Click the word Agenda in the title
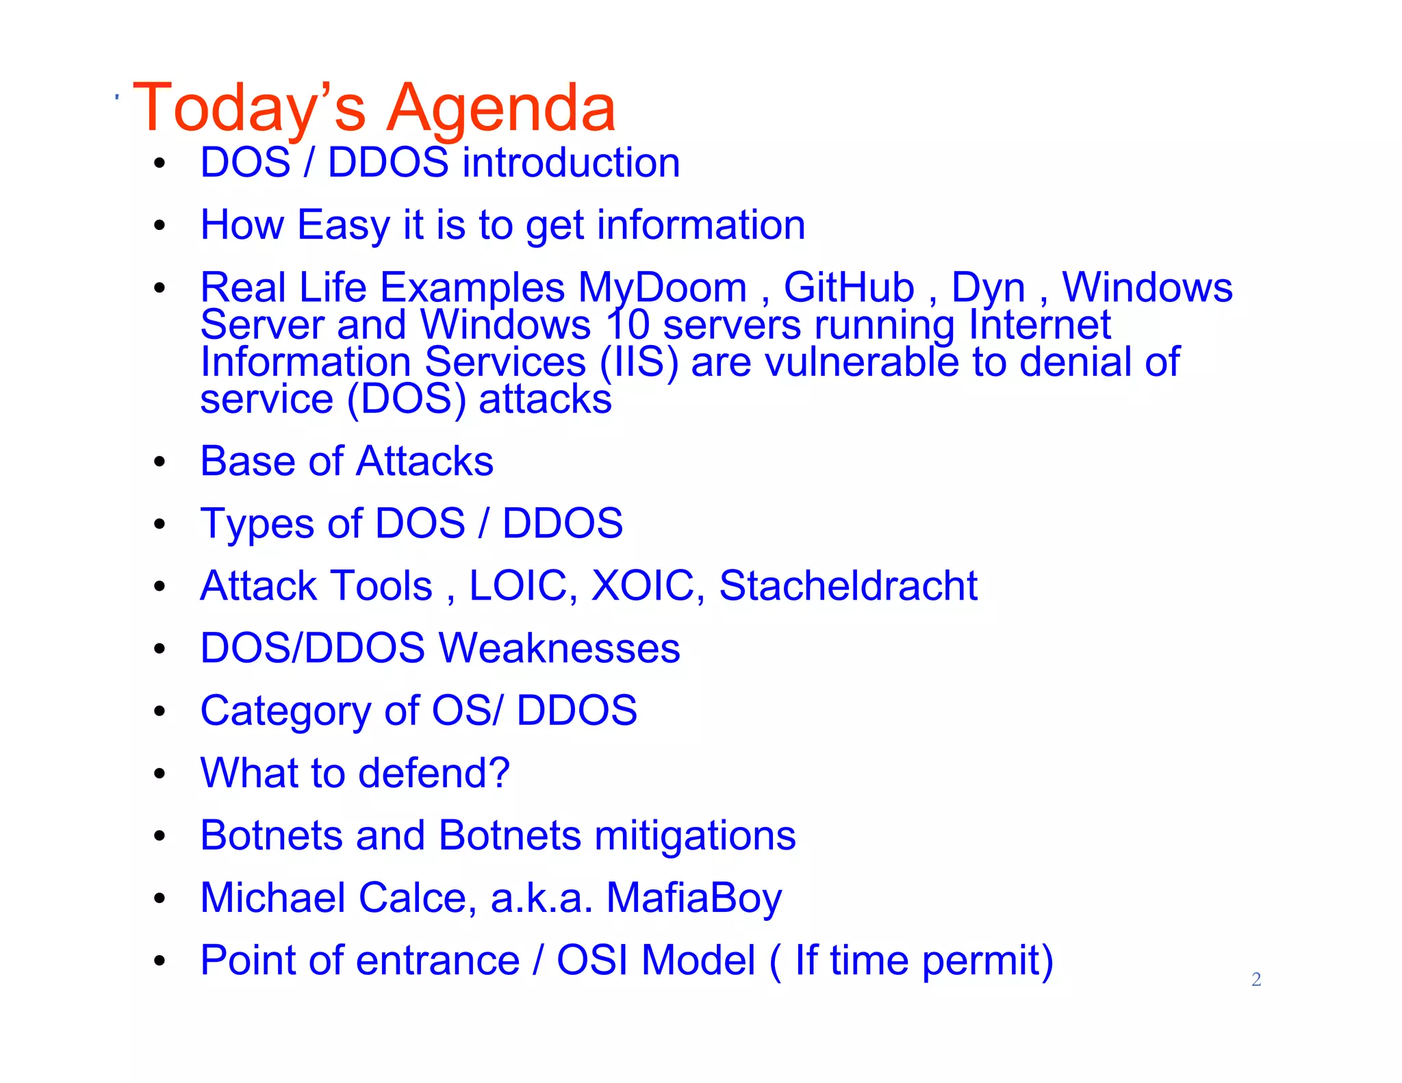click(x=501, y=108)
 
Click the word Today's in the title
click(x=249, y=108)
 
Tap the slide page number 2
click(x=1256, y=979)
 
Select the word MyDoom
click(x=662, y=288)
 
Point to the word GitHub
click(x=849, y=288)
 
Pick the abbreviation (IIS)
click(x=639, y=362)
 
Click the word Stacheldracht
click(x=848, y=586)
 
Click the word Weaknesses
click(x=559, y=648)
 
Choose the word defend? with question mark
click(x=434, y=773)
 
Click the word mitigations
click(x=695, y=836)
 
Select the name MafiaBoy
click(x=693, y=898)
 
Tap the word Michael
click(x=272, y=897)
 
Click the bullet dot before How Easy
click(x=160, y=225)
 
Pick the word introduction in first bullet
click(x=571, y=163)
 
